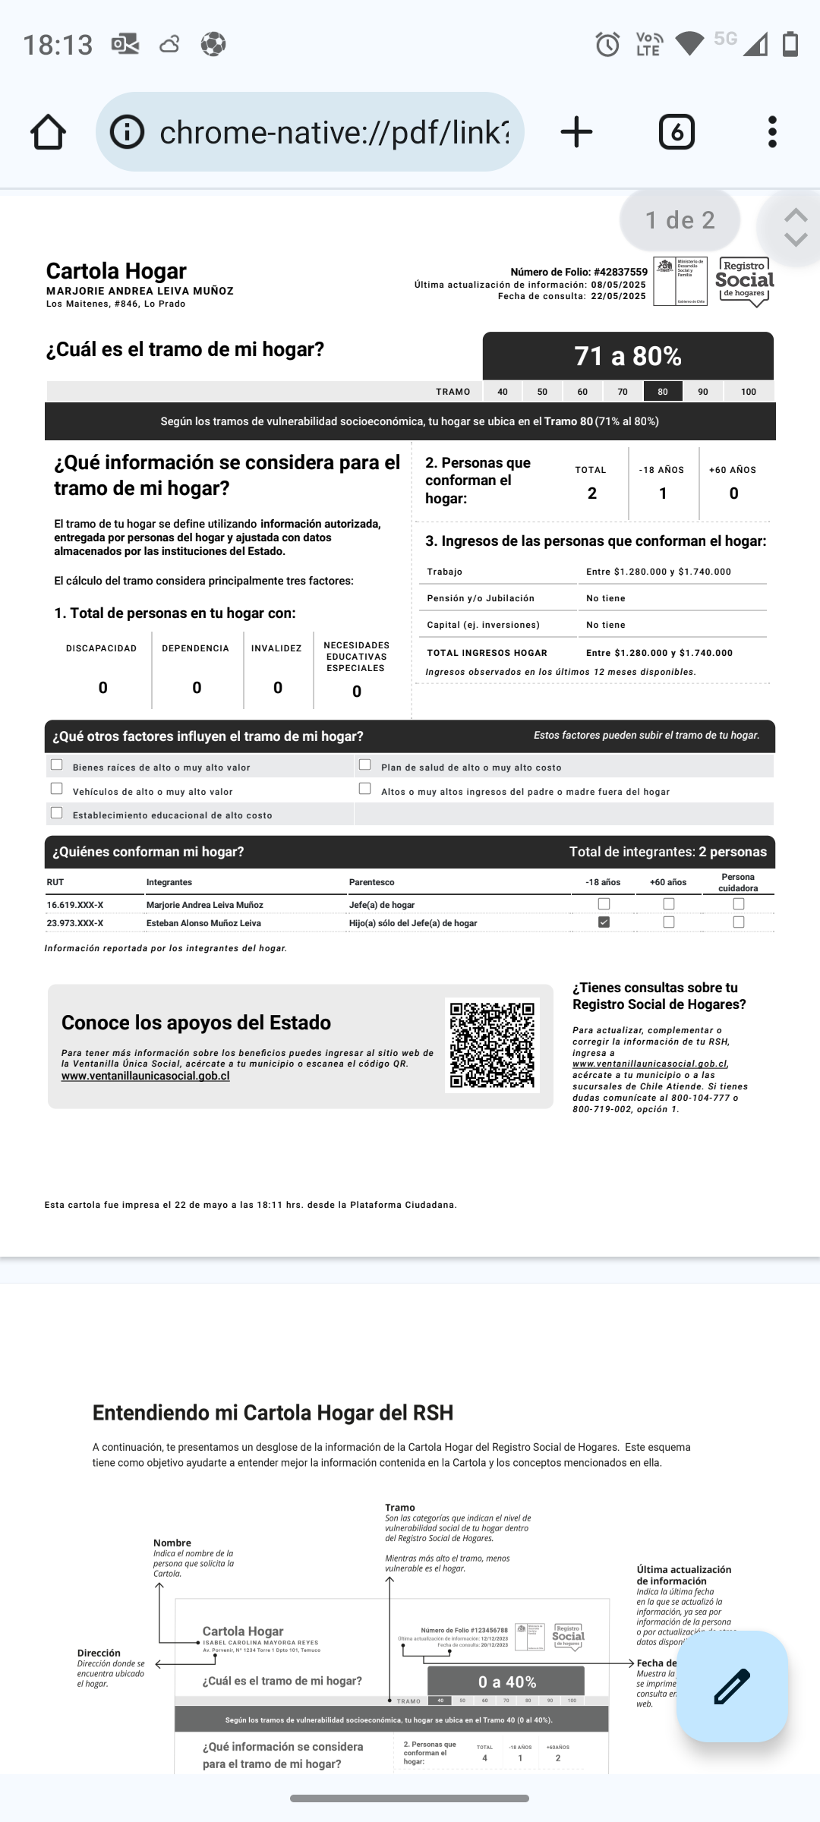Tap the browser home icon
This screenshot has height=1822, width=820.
click(x=48, y=132)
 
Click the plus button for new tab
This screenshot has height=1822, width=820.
click(x=576, y=132)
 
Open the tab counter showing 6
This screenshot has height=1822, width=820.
click(x=676, y=132)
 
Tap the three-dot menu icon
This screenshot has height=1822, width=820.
click(x=772, y=132)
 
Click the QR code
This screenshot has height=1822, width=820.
click(x=492, y=1045)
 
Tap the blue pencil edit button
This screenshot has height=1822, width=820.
click(x=732, y=1686)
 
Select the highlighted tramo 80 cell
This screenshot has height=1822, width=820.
click(x=663, y=392)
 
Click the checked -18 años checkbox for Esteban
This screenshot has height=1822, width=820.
click(x=604, y=922)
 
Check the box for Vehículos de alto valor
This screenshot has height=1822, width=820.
click(x=56, y=789)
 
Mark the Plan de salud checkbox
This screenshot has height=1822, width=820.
click(x=364, y=764)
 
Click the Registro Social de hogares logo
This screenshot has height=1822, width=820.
click(x=744, y=281)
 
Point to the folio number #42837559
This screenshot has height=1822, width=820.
click(x=620, y=272)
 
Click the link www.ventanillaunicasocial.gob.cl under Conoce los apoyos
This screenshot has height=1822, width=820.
click(x=145, y=1076)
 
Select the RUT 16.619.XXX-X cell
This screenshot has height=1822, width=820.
click(x=75, y=905)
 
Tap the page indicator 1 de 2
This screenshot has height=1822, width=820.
click(x=680, y=220)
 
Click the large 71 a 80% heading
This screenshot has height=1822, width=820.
click(x=628, y=356)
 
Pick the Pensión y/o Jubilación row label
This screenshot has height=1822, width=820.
click(x=481, y=598)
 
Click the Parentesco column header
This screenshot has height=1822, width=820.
click(x=371, y=882)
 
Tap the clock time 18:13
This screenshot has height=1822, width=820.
click(x=58, y=45)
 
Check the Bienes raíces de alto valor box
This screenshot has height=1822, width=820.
click(x=56, y=764)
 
